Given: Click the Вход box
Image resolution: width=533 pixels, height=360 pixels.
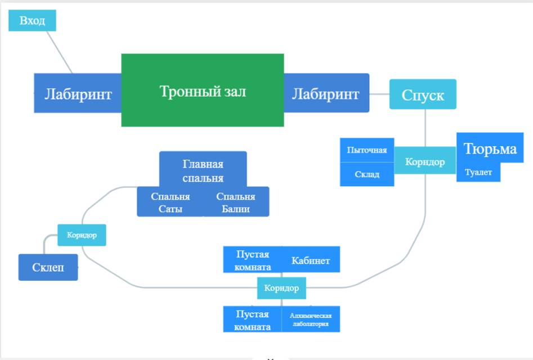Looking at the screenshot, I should point(32,21).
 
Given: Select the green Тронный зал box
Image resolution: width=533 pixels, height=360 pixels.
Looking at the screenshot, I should point(203,91).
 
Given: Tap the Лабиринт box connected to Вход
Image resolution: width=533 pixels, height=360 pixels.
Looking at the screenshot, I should point(78,93).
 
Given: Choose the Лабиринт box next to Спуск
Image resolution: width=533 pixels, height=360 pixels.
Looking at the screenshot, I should point(326,93).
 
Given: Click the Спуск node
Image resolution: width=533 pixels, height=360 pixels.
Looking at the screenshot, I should point(423,94).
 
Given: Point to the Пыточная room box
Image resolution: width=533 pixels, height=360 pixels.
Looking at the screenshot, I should point(366,150).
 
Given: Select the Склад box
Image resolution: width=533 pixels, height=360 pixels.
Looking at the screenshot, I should point(366,174).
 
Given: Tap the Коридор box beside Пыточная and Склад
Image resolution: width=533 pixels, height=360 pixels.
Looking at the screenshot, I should point(425,162).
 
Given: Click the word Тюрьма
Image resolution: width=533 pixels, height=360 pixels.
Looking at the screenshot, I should point(490,148).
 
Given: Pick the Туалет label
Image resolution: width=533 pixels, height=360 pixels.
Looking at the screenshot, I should point(478,173).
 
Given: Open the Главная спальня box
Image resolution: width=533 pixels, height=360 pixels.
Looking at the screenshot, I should point(203,170).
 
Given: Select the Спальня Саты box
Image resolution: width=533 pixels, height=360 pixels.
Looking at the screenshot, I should point(170,203).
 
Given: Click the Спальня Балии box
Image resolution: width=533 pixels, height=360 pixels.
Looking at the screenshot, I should point(236,203).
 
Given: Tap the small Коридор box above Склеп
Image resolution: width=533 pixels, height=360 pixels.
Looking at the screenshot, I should point(82,235).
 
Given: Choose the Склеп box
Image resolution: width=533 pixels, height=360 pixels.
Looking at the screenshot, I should point(48,267).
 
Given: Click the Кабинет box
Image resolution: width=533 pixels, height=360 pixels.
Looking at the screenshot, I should point(311,260).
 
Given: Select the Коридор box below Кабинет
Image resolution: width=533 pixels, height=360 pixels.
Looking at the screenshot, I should point(281,288).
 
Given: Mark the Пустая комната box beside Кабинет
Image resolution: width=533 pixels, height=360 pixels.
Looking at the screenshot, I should point(253,260).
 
